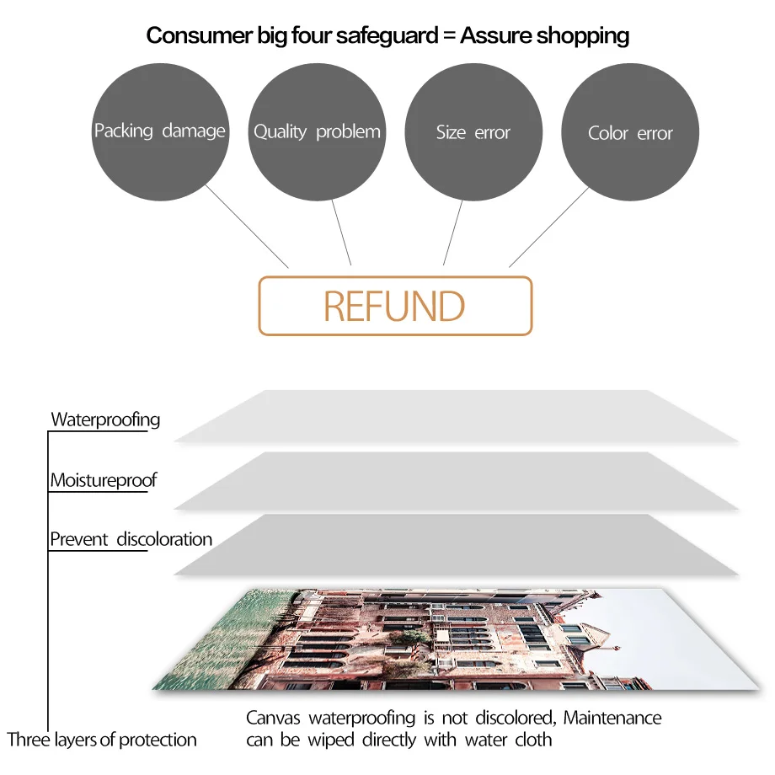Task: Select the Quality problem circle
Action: (x=317, y=131)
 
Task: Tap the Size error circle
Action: (x=473, y=132)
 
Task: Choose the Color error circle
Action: (x=630, y=133)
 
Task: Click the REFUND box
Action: (x=395, y=306)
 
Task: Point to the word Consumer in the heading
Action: (x=190, y=35)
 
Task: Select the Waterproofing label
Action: (x=105, y=420)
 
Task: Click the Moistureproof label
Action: (x=104, y=480)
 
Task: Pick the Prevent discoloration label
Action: (x=131, y=539)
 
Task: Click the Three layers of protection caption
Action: (x=102, y=740)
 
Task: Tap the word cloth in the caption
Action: (x=533, y=740)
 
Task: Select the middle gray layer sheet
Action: (x=455, y=480)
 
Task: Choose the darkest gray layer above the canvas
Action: (x=455, y=545)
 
